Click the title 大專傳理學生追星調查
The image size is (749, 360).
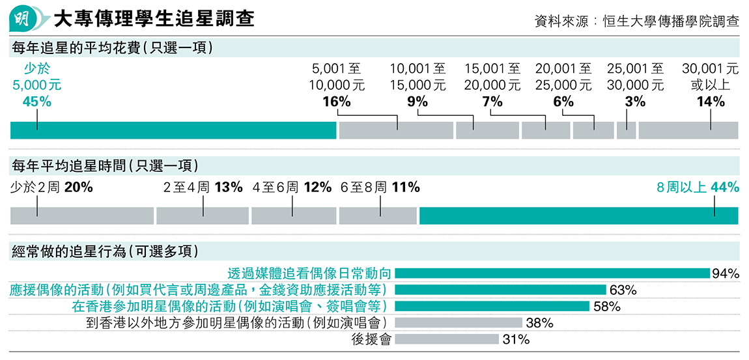point(154,18)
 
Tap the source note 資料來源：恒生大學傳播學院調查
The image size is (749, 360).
point(636,20)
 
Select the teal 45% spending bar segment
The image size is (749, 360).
point(173,130)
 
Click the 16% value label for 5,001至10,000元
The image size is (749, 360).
point(337,102)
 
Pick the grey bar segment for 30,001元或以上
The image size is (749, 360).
point(688,130)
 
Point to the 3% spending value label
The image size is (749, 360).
point(635,102)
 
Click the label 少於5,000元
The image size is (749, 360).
point(37,76)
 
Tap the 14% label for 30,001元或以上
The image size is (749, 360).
point(710,102)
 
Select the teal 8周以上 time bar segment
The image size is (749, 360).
point(578,215)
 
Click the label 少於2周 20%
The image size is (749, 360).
point(51,187)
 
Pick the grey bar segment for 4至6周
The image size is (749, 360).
point(293,215)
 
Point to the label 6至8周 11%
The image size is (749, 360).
point(380,187)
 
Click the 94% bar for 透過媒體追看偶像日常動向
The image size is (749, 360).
point(552,273)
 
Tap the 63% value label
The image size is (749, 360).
point(623,290)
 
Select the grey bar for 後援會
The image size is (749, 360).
point(446,339)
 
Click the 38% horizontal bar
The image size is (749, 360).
point(458,323)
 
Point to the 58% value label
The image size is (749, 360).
point(606,307)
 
